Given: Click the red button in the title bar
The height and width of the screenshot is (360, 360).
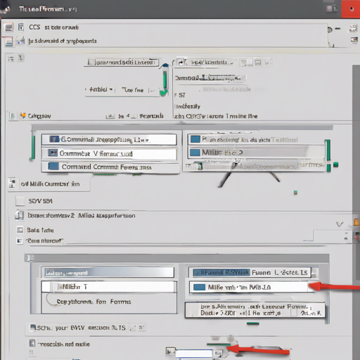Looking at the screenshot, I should (x=349, y=9).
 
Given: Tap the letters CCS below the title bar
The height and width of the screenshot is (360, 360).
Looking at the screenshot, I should (x=34, y=27).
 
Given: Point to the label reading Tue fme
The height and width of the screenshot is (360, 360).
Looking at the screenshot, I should (x=133, y=90).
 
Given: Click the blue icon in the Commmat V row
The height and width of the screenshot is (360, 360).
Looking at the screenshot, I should (x=51, y=153).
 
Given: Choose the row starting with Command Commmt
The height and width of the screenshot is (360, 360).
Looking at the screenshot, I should (x=105, y=167).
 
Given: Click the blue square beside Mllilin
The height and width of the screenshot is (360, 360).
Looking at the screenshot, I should (x=195, y=152).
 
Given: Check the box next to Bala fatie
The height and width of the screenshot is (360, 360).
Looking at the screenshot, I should (x=20, y=230).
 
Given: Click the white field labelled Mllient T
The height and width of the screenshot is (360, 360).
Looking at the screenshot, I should (x=105, y=287).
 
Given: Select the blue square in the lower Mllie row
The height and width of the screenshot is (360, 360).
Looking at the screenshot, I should (x=198, y=287).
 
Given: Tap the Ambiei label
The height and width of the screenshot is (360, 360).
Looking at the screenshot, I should (x=99, y=90).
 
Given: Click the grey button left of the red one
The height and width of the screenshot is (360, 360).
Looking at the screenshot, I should (x=330, y=9).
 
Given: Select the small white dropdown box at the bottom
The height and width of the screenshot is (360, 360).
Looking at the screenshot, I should (x=195, y=354).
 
